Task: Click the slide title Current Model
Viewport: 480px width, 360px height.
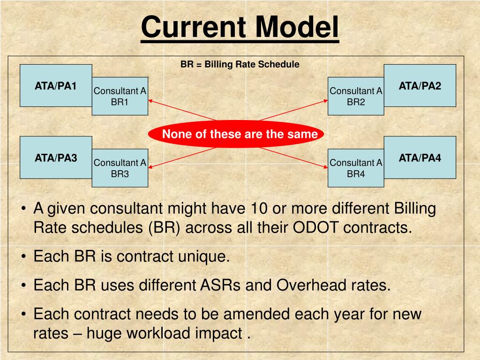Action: (x=240, y=27)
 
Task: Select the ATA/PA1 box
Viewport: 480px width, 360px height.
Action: (x=55, y=86)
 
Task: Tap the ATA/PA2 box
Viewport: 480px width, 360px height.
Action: (x=420, y=86)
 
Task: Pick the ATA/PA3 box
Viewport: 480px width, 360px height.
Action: (x=55, y=157)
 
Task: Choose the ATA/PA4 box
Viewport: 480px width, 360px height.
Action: (x=420, y=157)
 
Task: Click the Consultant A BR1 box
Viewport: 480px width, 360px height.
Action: (x=120, y=97)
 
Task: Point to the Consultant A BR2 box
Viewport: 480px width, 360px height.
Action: (x=356, y=97)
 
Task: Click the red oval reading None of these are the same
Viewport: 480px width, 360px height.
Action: (x=236, y=135)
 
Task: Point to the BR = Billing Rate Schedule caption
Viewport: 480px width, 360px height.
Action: (x=240, y=64)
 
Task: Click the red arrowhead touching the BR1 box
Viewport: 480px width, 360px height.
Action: (x=151, y=100)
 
